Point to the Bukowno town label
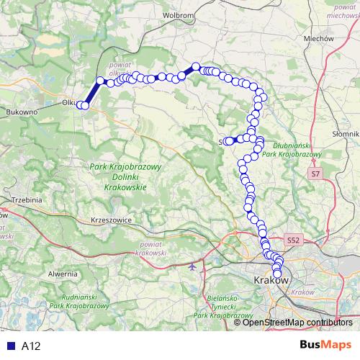(x=20, y=112)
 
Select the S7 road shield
(x=315, y=175)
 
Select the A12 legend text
(x=31, y=346)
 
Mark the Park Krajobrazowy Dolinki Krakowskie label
(x=125, y=176)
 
